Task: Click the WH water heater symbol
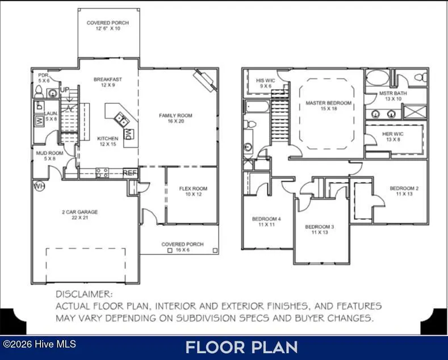[39, 186]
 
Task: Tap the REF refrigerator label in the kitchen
[130, 173]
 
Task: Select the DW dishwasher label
[128, 134]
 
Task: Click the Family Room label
[175, 118]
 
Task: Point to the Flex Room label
[193, 191]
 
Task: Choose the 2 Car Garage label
[80, 215]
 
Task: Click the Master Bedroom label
[329, 106]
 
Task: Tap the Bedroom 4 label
[266, 221]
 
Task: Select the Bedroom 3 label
[320, 229]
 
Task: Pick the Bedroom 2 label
[404, 191]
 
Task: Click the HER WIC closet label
[393, 137]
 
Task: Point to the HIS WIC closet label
[266, 83]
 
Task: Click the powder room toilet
[39, 92]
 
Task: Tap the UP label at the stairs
[65, 90]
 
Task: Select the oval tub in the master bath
[378, 77]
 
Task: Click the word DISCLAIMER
[84, 294]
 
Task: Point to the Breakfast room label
[108, 82]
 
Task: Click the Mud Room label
[50, 156]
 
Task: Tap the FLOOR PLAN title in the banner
[242, 348]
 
